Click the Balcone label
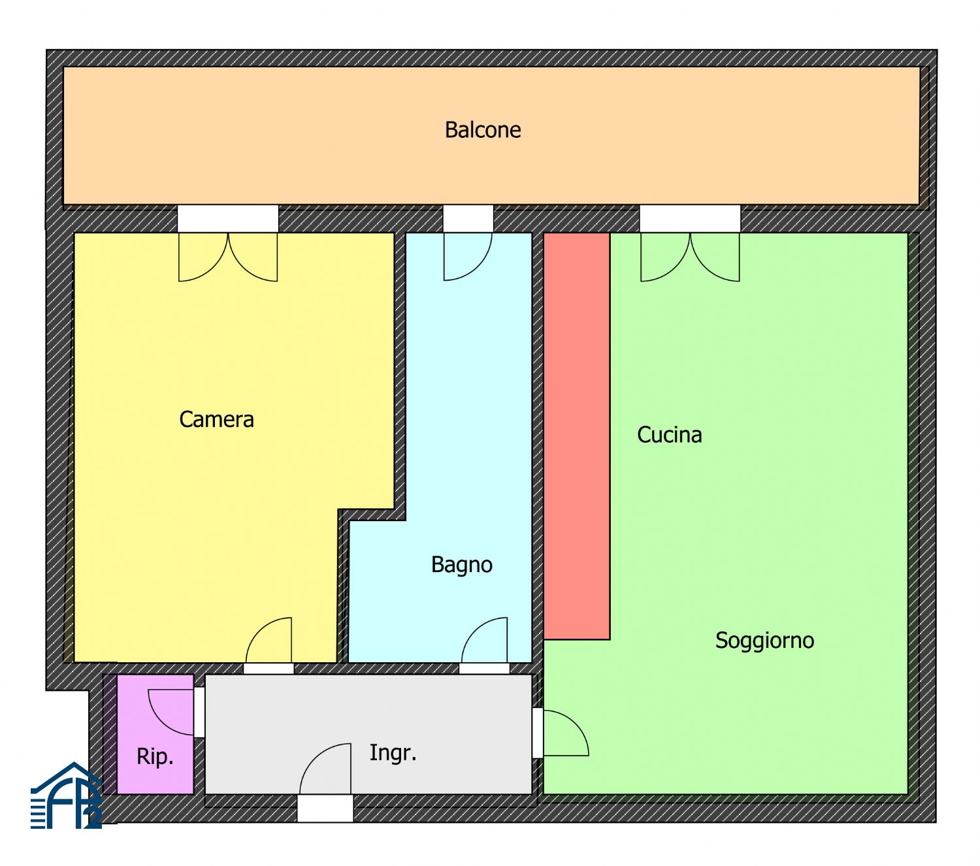click(482, 129)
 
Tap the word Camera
click(216, 419)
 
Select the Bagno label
click(461, 565)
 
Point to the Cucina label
click(669, 435)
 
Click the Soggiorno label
click(764, 641)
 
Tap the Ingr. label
click(393, 753)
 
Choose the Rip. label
click(155, 757)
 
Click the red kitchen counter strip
click(577, 436)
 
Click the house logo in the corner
click(66, 795)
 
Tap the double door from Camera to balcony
click(228, 257)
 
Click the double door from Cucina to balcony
click(690, 257)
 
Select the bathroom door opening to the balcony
click(468, 256)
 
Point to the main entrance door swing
click(325, 769)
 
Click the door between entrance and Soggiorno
click(566, 733)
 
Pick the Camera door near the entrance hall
click(269, 640)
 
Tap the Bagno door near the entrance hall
click(484, 640)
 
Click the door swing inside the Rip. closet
click(171, 713)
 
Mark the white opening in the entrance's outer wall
click(325, 809)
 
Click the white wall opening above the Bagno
click(468, 219)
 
